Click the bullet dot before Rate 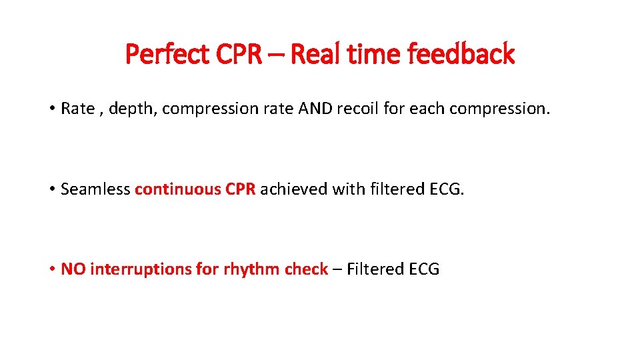tap(51, 109)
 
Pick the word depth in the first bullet tap(131, 109)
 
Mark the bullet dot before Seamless tap(51, 189)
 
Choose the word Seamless tap(95, 189)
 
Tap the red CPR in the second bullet tap(240, 189)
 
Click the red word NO tap(73, 269)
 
